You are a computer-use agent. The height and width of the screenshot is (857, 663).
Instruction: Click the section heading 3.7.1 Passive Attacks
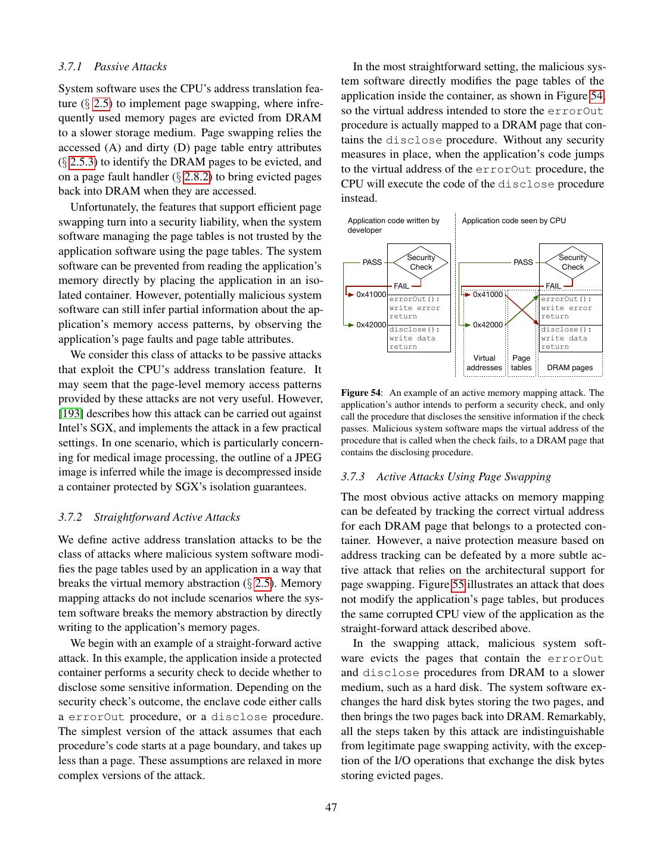pos(113,67)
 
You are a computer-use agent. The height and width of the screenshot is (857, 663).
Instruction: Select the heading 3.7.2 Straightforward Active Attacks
pos(149,517)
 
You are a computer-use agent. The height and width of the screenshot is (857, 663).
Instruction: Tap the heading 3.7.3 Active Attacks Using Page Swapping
pos(446,477)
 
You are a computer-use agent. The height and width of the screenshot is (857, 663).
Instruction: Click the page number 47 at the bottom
pos(331,808)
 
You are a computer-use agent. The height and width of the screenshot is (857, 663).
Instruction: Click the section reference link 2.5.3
pos(83,162)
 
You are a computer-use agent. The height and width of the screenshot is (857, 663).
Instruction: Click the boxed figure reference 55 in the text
pos(458,585)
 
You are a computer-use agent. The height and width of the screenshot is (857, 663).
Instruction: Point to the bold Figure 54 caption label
pos(360,393)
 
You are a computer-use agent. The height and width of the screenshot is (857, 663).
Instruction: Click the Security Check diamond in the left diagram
pos(421,262)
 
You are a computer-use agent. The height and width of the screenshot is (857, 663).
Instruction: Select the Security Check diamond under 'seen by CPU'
pos(572,262)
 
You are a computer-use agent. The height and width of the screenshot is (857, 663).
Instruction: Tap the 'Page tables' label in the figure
pos(521,363)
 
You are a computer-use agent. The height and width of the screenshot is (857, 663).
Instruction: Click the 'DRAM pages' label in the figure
pos(569,368)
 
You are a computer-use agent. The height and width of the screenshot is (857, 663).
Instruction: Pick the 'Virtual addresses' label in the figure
pos(484,363)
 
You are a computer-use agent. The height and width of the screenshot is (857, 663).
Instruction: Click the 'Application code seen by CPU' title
pos(513,221)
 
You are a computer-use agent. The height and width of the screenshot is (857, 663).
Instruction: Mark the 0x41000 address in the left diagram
pos(371,294)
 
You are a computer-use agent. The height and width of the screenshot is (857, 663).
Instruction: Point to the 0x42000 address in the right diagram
pos(488,325)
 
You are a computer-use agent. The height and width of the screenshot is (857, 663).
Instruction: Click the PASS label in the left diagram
pos(372,262)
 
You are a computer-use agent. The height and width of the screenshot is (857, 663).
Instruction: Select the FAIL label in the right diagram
pos(553,286)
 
